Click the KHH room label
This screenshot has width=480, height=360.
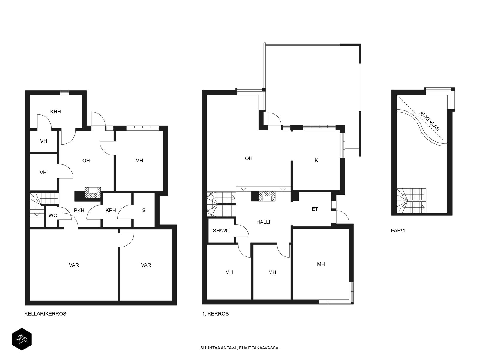(55, 112)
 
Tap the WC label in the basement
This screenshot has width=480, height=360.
(53, 215)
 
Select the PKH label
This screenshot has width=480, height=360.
(79, 211)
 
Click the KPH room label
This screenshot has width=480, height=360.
(111, 211)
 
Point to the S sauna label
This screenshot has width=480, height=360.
(144, 211)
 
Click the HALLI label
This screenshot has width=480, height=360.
(263, 222)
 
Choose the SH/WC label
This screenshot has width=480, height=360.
(221, 231)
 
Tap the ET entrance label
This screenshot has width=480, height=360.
(315, 209)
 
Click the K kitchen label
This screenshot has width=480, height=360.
(316, 160)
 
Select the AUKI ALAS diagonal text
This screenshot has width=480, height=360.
(429, 121)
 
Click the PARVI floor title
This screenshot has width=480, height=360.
(398, 231)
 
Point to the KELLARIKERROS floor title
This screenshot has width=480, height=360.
(45, 314)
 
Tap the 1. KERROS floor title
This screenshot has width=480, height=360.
(215, 314)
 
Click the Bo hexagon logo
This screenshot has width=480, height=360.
(22, 339)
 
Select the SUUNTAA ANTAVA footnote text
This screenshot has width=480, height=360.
(240, 348)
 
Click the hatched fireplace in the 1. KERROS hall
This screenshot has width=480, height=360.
(267, 196)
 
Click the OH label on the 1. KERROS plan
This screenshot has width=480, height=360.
(249, 158)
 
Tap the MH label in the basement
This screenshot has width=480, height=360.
(139, 161)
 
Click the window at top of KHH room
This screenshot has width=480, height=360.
(64, 93)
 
